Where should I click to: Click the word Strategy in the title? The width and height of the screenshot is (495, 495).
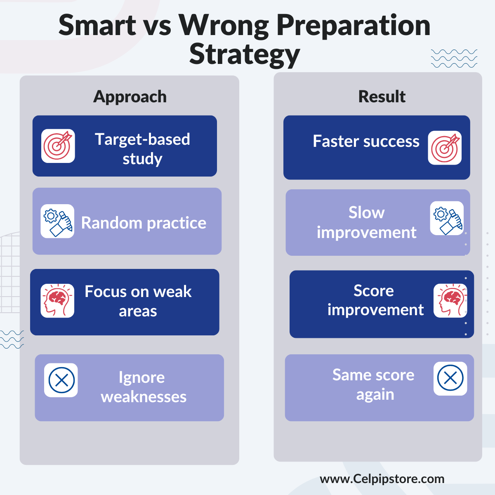tap(245, 55)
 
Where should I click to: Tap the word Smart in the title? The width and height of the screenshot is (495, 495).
tap(97, 25)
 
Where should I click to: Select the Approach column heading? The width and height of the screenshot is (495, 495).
tap(130, 97)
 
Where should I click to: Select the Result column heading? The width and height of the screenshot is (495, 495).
tap(382, 97)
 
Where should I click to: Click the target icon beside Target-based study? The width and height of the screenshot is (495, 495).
tap(58, 146)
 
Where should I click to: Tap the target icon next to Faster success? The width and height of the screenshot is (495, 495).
tap(445, 148)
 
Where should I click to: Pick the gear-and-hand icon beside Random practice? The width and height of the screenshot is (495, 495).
tap(57, 221)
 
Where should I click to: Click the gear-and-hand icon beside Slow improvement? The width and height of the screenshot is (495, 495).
tap(447, 218)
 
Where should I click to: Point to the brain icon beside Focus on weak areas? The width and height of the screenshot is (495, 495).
tap(57, 301)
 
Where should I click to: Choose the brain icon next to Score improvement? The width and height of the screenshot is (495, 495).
tap(450, 301)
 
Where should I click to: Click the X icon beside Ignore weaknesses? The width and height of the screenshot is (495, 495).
tap(61, 380)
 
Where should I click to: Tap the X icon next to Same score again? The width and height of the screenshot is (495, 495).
tap(450, 379)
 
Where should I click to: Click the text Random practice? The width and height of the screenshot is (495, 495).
tap(144, 223)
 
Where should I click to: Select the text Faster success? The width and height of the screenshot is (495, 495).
tap(366, 141)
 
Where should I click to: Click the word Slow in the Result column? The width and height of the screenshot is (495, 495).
tap(367, 213)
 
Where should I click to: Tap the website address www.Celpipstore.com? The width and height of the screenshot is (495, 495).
tap(382, 479)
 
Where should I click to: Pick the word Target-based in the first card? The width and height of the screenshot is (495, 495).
tap(142, 139)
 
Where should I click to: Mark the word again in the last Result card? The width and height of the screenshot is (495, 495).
tap(375, 395)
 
